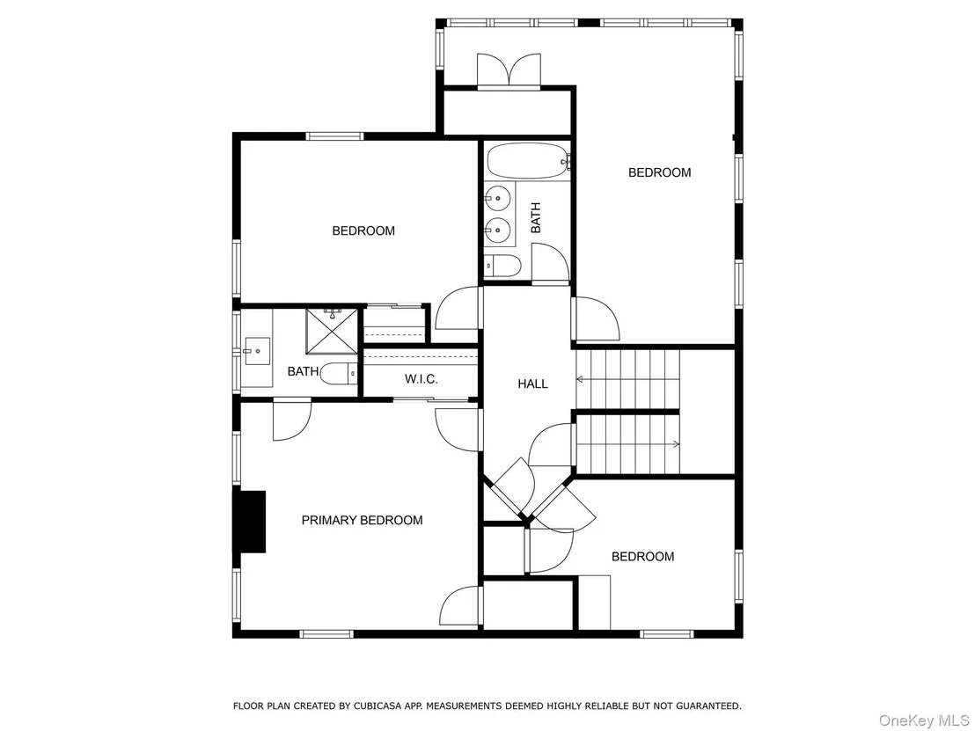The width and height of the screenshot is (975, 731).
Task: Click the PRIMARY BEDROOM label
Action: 362,520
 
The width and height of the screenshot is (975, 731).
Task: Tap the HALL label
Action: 533,384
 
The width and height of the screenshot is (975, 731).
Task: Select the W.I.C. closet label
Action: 422,379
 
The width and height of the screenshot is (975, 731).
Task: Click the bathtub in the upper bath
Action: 528,161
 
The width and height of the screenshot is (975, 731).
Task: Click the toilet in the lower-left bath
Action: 340,374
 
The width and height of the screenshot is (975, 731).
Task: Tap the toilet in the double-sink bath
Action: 502,266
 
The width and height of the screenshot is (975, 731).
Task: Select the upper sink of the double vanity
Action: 498,198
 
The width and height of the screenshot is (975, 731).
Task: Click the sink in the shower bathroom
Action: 257,351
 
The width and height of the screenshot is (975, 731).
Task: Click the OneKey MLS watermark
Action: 924,720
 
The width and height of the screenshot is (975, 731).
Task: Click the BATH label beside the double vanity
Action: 536,217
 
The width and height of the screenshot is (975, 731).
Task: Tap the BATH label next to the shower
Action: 303,372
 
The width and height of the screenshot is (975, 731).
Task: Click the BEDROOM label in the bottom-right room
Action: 643,556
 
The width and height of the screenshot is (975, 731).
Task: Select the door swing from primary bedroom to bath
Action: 291,420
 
